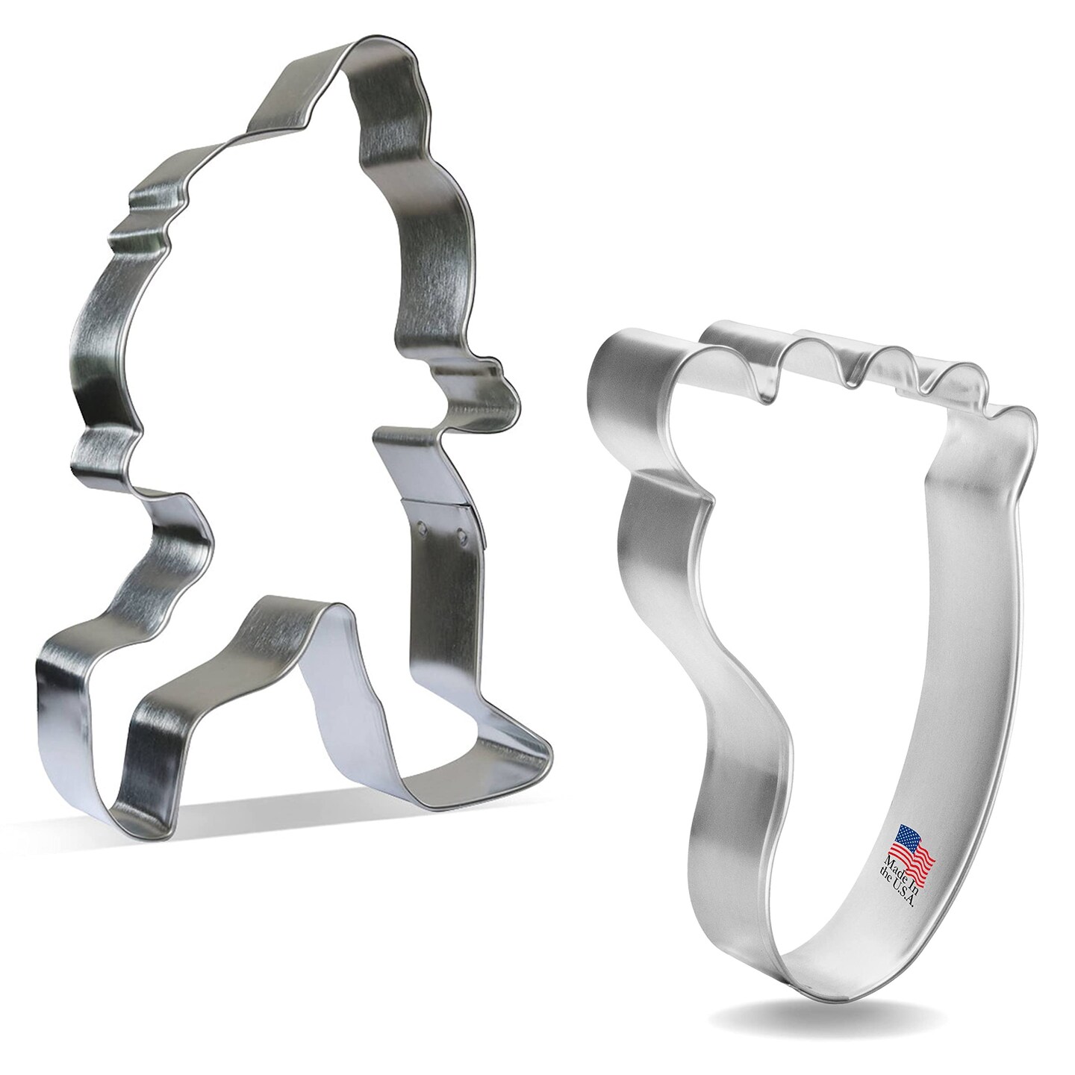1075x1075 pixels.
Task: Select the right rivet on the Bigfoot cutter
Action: click(x=461, y=535)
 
